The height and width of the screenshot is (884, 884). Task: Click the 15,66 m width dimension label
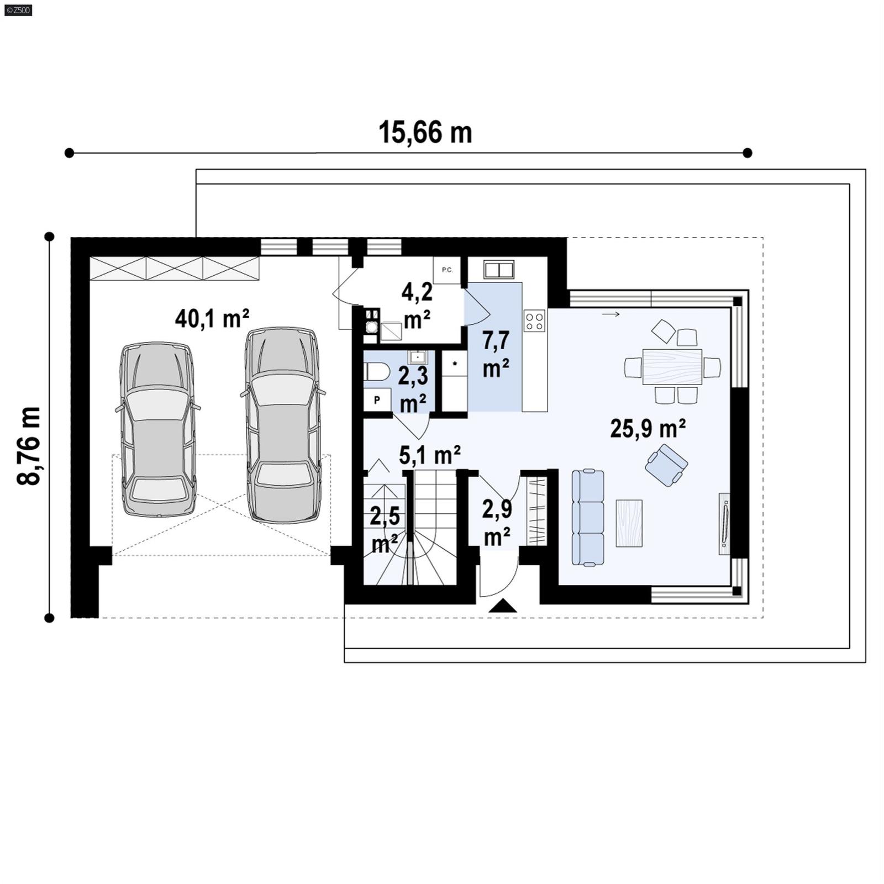click(425, 133)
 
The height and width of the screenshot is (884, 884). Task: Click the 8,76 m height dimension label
click(29, 446)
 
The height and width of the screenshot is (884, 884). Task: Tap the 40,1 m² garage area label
click(212, 318)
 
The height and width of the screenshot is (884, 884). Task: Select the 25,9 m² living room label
click(648, 428)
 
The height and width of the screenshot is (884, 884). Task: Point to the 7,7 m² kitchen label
click(496, 354)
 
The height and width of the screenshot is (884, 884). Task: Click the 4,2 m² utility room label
click(417, 305)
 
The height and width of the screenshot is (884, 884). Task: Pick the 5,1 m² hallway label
click(430, 455)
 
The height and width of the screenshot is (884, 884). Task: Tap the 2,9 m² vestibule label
click(497, 522)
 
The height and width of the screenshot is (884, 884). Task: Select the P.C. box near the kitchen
click(446, 270)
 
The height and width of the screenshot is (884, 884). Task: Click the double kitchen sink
click(499, 270)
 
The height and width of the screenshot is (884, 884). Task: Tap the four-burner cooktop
click(534, 321)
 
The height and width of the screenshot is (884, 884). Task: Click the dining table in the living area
click(672, 366)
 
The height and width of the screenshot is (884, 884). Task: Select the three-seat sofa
click(587, 517)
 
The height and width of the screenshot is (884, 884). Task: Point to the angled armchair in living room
click(667, 465)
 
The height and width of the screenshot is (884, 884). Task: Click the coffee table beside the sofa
click(629, 523)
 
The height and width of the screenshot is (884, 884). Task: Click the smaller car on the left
click(158, 430)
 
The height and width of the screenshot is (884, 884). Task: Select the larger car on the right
click(282, 424)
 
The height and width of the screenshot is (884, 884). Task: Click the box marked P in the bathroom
click(377, 399)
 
